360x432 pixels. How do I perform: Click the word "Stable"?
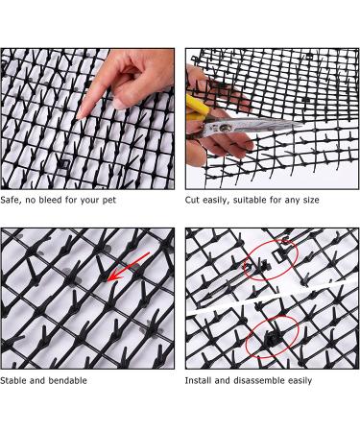point(15,381)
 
